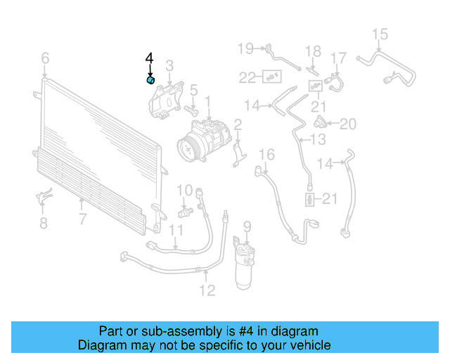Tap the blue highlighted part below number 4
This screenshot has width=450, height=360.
[x=150, y=81]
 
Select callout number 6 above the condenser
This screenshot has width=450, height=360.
[x=45, y=58]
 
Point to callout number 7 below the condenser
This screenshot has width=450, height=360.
[x=82, y=219]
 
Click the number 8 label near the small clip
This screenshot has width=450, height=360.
[x=44, y=224]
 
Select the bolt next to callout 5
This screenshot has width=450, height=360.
[x=190, y=110]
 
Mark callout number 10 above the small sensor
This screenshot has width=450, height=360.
[x=184, y=190]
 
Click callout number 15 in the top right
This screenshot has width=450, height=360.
[x=380, y=34]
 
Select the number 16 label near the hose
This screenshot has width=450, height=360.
[x=266, y=154]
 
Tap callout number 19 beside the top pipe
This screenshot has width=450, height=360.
[x=245, y=49]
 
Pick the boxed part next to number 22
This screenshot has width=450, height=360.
[x=270, y=76]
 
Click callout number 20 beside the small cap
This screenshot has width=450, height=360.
[x=348, y=124]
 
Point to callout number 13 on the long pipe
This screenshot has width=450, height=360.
[x=319, y=141]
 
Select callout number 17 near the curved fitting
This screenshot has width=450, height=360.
[x=339, y=58]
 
